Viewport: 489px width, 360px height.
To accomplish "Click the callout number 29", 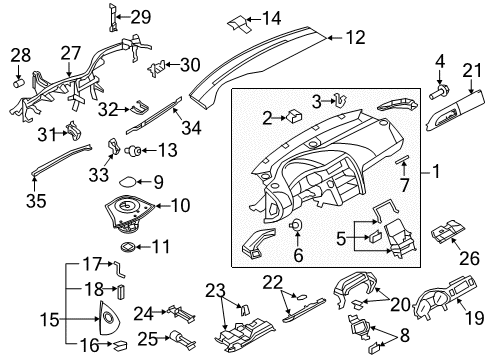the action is pos(141,17).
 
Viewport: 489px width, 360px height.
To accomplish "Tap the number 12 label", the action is pos(356,37).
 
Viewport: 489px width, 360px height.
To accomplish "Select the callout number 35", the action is pos(36,201).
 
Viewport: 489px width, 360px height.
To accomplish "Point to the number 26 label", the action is pos(469,258).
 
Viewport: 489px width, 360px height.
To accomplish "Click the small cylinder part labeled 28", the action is pos(19,83).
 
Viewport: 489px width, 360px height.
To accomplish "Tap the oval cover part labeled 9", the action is pos(127,182).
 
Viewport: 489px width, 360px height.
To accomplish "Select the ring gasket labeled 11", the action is pos(128,247).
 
